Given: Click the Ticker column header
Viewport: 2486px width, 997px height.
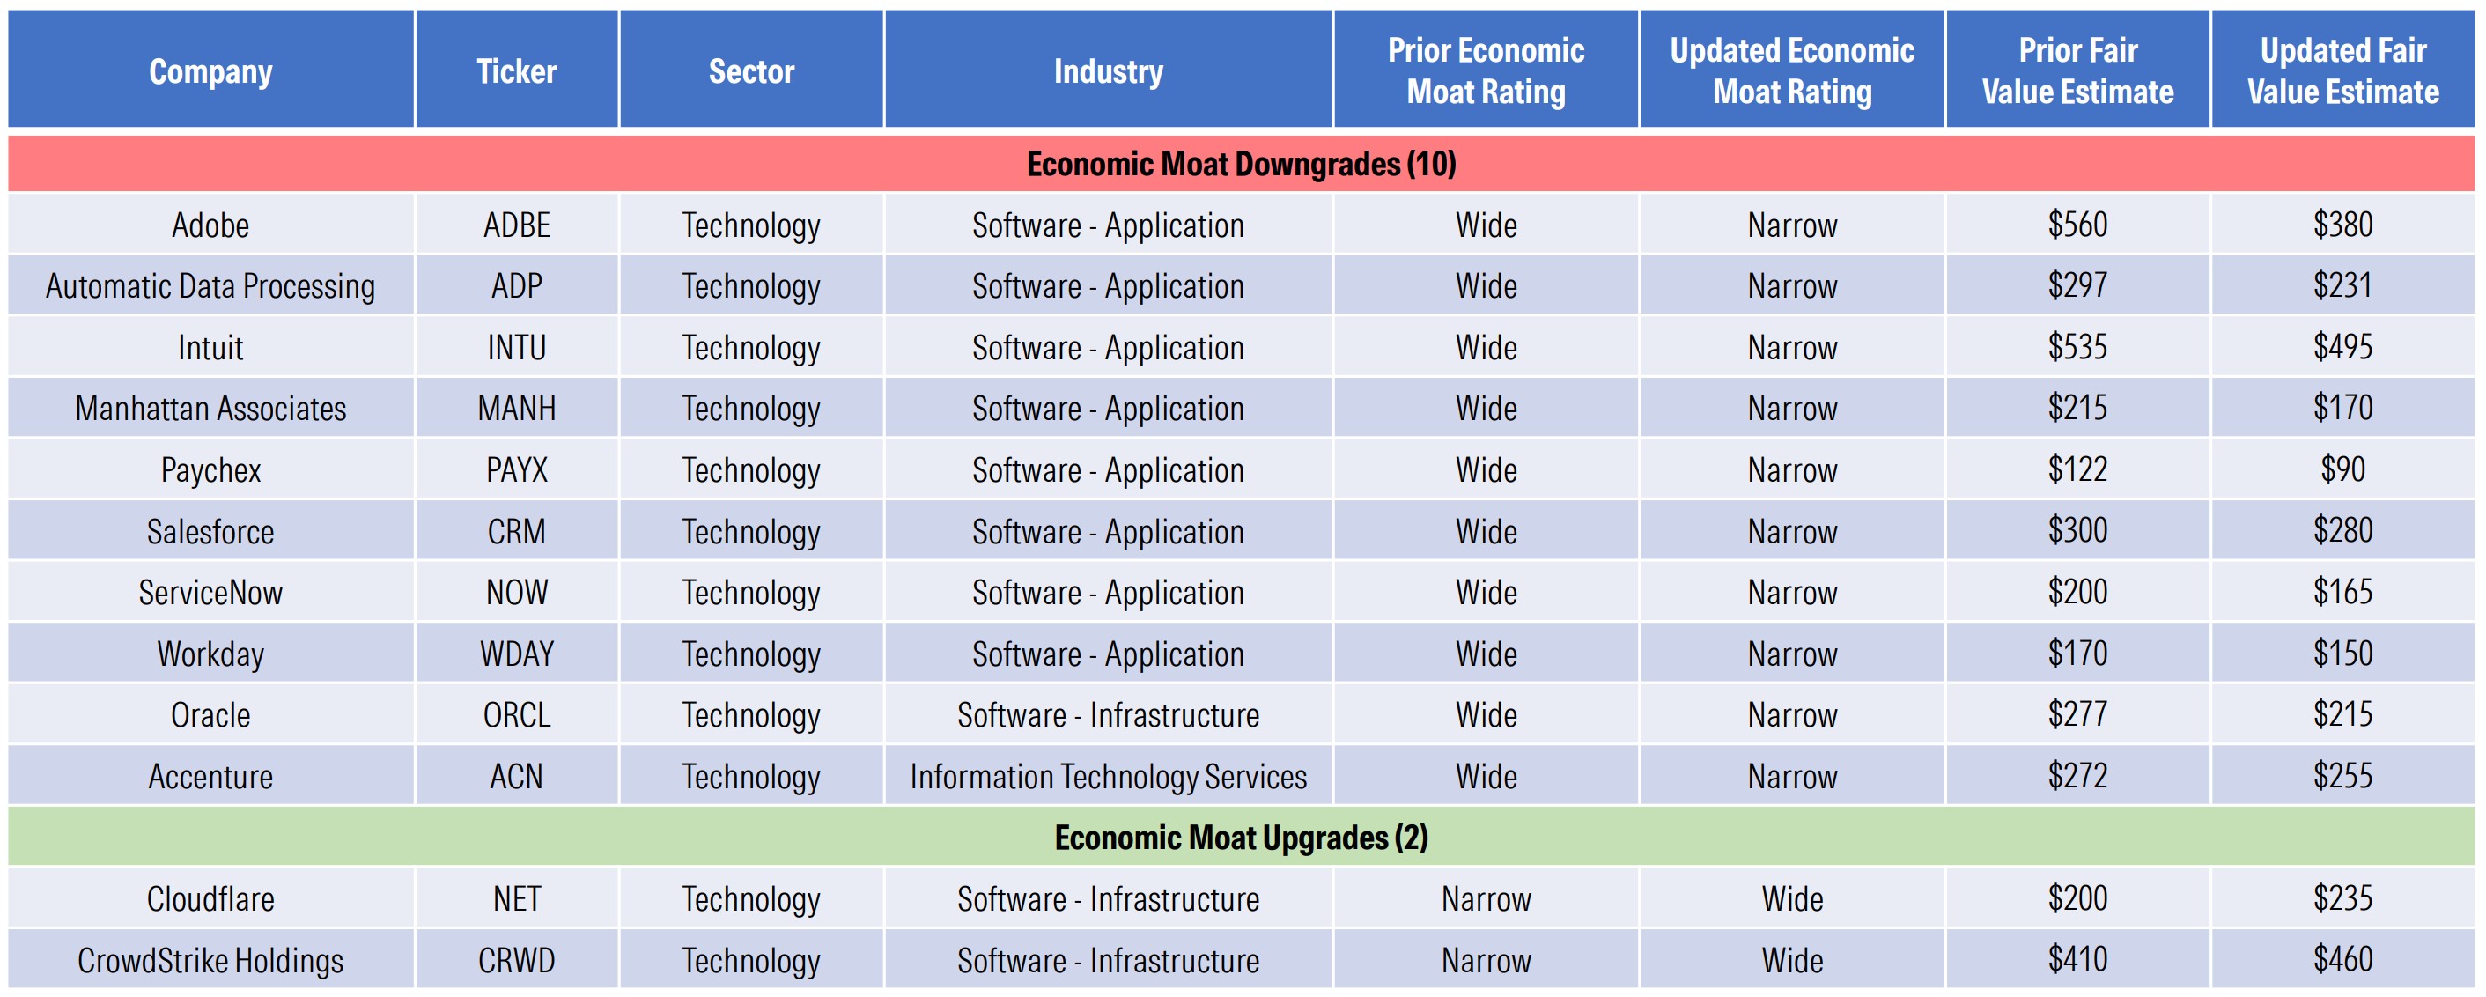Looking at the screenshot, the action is click(x=516, y=71).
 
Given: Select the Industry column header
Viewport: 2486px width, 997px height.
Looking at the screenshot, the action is click(x=1108, y=71).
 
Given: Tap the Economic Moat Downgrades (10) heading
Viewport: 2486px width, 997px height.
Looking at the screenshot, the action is click(x=1241, y=164).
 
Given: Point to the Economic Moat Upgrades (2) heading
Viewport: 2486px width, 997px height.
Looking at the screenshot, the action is click(x=1241, y=837).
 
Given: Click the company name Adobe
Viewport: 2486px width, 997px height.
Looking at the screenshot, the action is click(x=210, y=225).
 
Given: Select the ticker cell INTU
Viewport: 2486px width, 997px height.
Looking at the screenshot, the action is click(x=516, y=348).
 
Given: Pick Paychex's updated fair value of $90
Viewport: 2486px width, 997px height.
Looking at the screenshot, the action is click(x=2342, y=469).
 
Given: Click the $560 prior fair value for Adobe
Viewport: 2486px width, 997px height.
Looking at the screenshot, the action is click(x=2077, y=225).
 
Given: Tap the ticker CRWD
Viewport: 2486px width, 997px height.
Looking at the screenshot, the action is click(x=516, y=960).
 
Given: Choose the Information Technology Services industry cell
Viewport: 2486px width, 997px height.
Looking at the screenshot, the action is click(x=1108, y=777).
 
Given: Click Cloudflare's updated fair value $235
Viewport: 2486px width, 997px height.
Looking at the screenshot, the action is click(x=2342, y=898).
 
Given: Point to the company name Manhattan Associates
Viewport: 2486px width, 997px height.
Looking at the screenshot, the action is click(x=210, y=410).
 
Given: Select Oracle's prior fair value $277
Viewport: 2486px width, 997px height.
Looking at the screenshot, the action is click(x=2077, y=714).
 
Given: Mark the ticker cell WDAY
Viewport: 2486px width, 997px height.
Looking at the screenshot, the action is click(x=516, y=654).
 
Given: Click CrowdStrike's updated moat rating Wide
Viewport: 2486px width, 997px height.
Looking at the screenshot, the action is click(x=1792, y=960).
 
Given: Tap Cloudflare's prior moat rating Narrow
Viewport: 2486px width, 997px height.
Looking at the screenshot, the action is click(x=1486, y=899).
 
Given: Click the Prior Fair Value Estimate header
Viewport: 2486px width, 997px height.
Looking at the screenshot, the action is click(x=2077, y=71).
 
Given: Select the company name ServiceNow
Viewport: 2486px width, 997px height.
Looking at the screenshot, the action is click(x=210, y=593).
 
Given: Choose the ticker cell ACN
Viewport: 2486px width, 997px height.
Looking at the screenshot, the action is click(x=516, y=777).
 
